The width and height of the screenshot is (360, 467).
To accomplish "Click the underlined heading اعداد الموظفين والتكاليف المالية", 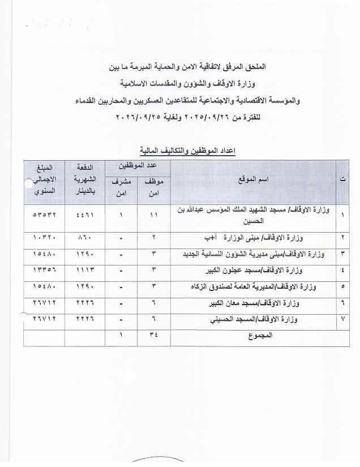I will pyautogui.click(x=187, y=151).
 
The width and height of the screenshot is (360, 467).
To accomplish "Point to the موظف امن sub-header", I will pyautogui.click(x=154, y=187).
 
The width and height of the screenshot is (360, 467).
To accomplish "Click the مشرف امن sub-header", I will pyautogui.click(x=121, y=187).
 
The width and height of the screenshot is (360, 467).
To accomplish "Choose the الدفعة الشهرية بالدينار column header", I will pyautogui.click(x=85, y=179).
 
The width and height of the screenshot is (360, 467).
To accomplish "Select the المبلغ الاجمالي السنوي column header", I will pyautogui.click(x=44, y=179).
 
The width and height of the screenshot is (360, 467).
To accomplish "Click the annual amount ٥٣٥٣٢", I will pyautogui.click(x=44, y=215).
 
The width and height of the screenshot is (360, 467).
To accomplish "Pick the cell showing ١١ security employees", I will pyautogui.click(x=153, y=215).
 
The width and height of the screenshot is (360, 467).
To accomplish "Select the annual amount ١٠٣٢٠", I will pyautogui.click(x=44, y=237).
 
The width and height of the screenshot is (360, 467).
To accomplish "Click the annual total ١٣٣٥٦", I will pyautogui.click(x=44, y=270).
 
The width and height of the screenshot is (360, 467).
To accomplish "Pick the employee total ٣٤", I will pyautogui.click(x=153, y=335).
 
